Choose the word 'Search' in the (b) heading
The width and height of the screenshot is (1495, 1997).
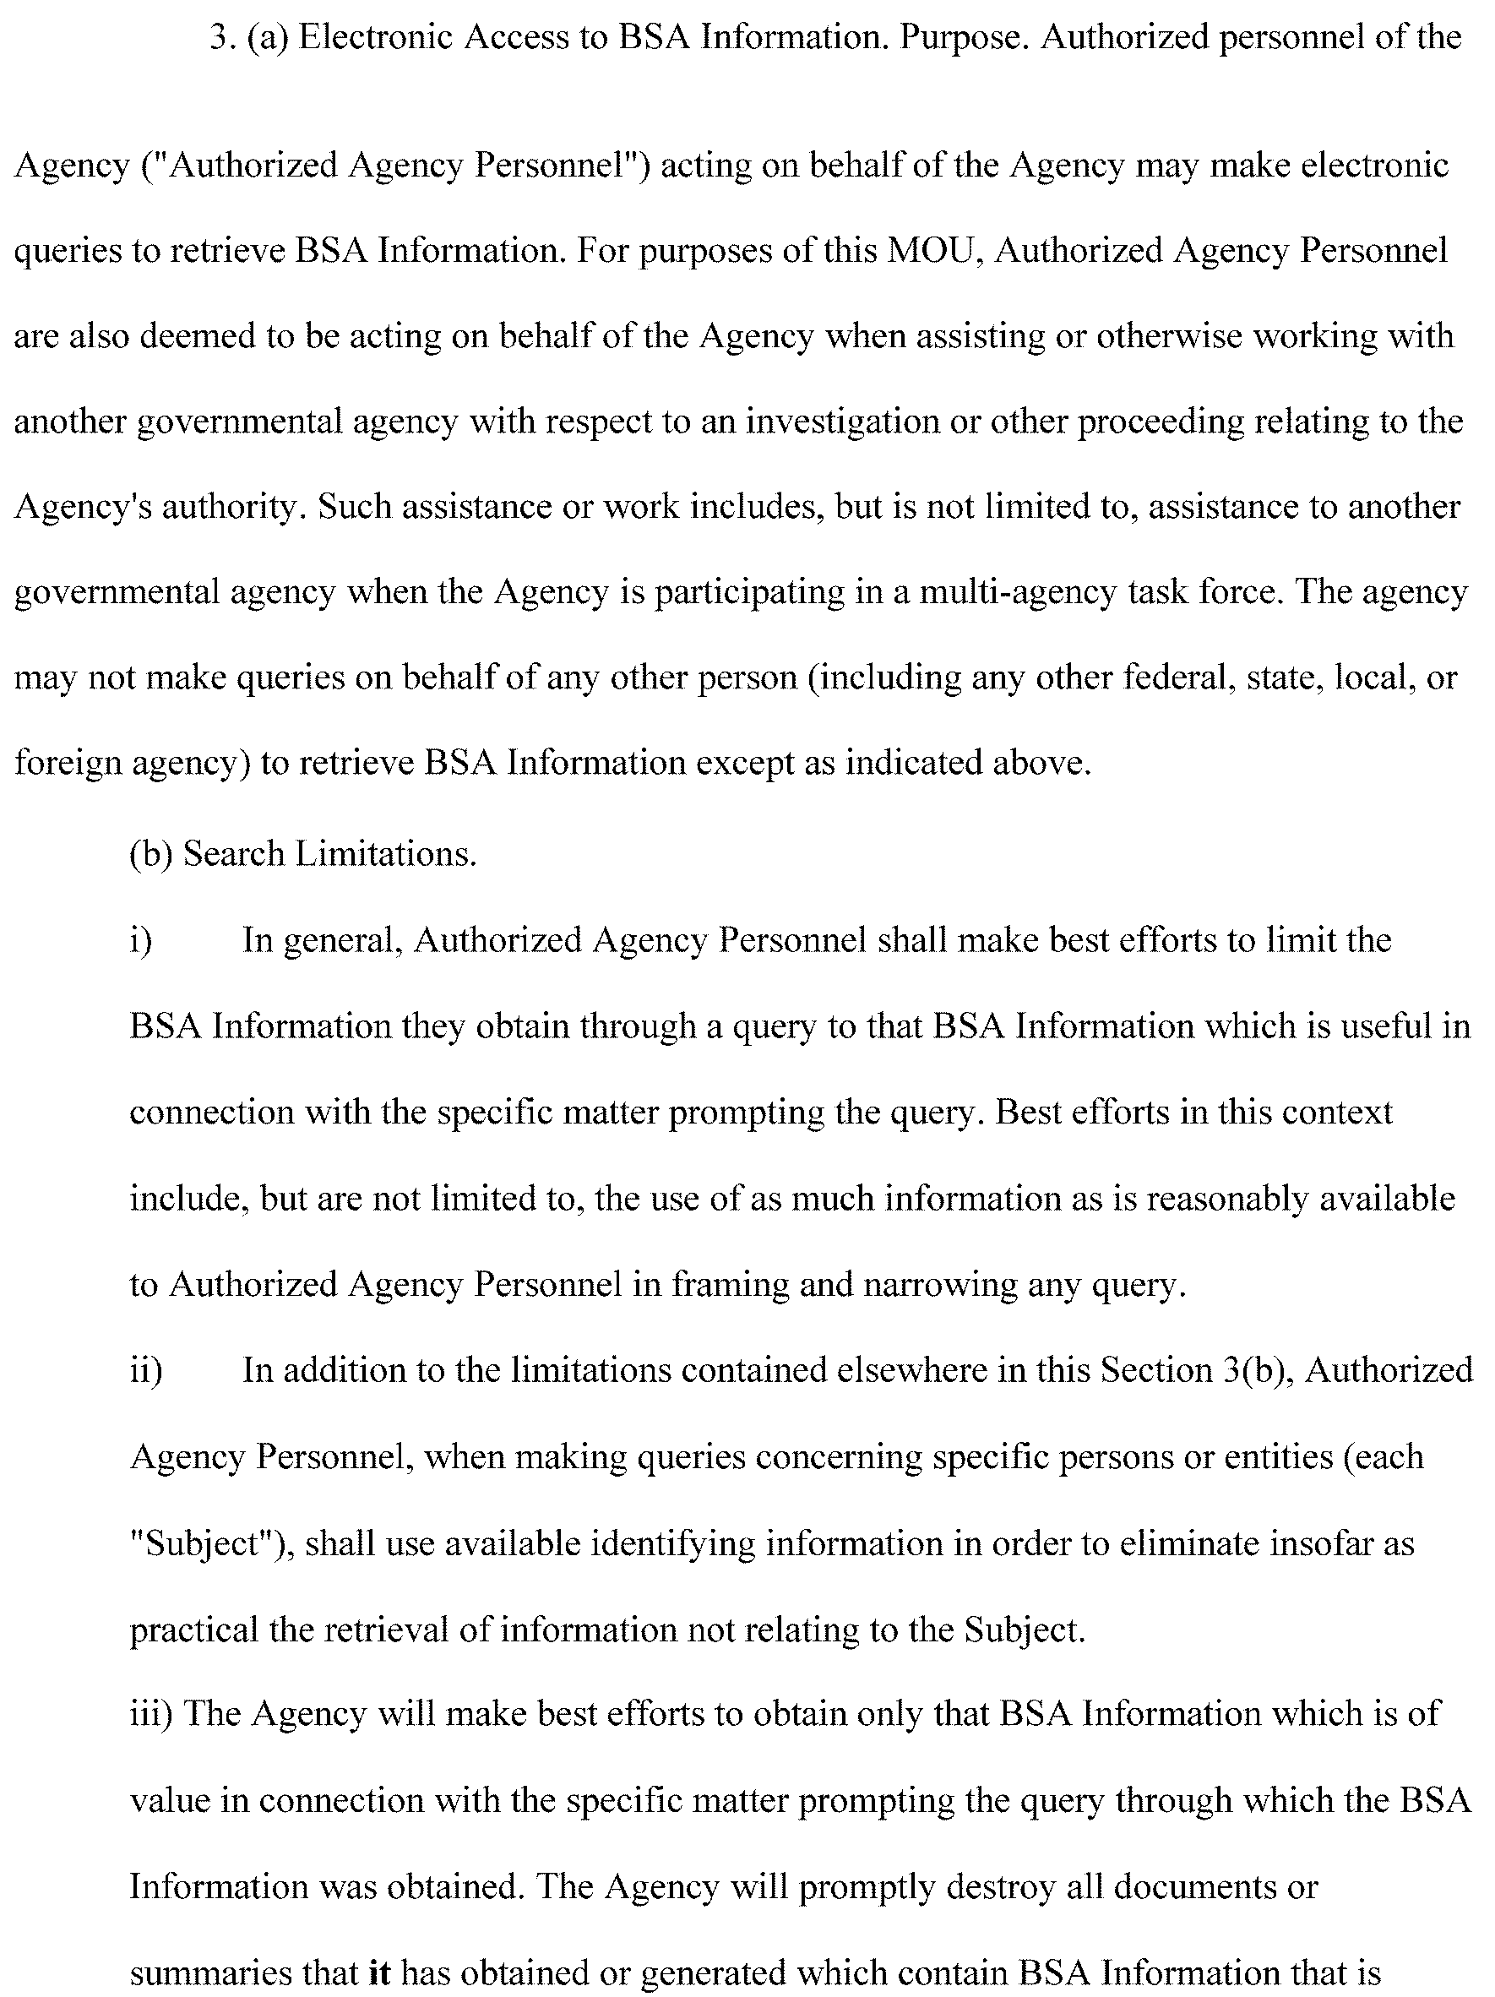pos(234,854)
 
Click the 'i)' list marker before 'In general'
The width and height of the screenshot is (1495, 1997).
pos(141,941)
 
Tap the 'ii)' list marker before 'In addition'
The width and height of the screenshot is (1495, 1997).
pos(146,1370)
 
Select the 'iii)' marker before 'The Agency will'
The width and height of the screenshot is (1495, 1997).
pos(152,1713)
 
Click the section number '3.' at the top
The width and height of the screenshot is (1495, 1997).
pos(221,38)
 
